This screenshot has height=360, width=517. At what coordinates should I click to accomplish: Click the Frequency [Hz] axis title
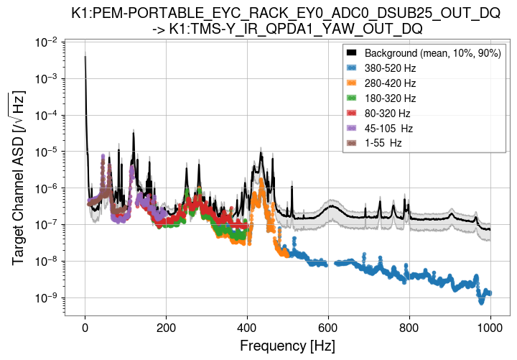tap(287, 346)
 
